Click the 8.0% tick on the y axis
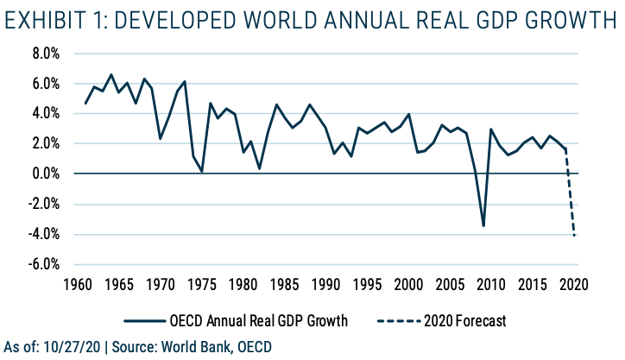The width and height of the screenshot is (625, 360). tap(44, 54)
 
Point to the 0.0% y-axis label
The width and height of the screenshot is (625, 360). tap(44, 174)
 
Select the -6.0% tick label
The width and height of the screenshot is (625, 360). tap(42, 264)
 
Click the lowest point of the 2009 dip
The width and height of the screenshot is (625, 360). tap(483, 226)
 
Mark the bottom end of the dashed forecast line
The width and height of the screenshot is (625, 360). tap(574, 236)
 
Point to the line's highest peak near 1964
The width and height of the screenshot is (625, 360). tap(111, 74)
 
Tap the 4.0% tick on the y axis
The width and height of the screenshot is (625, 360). tap(44, 114)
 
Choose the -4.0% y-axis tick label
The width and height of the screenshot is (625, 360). tap(42, 234)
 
